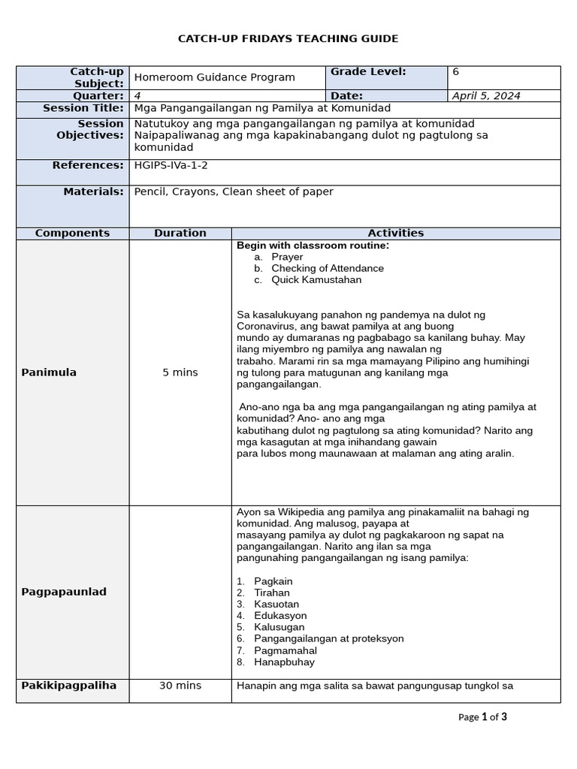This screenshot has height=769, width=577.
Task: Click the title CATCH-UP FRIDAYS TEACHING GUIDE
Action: [x=288, y=38]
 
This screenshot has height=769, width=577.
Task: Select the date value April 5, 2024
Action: [x=486, y=95]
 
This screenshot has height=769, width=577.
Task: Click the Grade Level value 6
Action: [x=455, y=72]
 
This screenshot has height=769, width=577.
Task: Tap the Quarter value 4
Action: [x=137, y=95]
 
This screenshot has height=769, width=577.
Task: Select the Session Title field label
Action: [x=83, y=108]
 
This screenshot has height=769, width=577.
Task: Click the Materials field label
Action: [x=93, y=191]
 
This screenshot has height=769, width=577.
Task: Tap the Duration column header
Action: [x=180, y=234]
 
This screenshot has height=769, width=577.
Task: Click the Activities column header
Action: [x=395, y=234]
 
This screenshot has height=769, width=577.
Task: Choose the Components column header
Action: [x=72, y=234]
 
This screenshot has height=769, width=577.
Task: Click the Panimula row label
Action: [x=49, y=372]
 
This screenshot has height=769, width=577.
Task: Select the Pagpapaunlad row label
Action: [x=64, y=592]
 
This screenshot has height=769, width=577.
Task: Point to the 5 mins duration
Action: [x=180, y=372]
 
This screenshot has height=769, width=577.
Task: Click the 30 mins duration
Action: [x=180, y=686]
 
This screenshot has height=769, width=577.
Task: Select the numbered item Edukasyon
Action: [x=280, y=615]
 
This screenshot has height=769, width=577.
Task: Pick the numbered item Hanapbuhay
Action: [x=284, y=662]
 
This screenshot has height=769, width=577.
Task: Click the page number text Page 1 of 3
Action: [x=482, y=717]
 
